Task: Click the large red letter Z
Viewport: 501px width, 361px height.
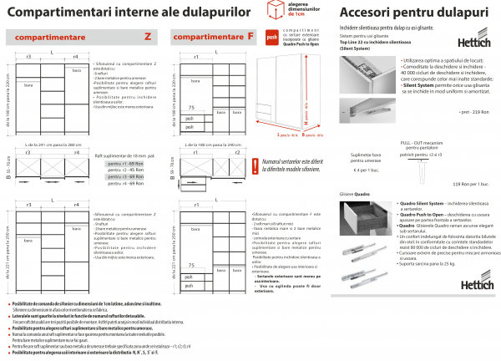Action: (148, 37)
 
